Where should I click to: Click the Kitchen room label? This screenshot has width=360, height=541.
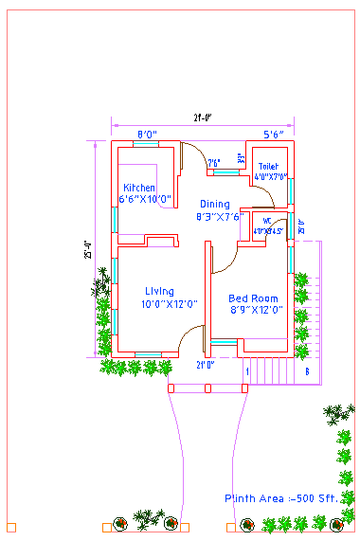pyautogui.click(x=139, y=188)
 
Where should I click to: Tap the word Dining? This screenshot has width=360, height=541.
pyautogui.click(x=214, y=205)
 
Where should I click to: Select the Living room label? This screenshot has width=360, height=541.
pyautogui.click(x=159, y=291)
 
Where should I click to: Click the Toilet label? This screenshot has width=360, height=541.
pyautogui.click(x=268, y=166)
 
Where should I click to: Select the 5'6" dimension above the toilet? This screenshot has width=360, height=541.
pyautogui.click(x=274, y=135)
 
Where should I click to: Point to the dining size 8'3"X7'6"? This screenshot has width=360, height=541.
pyautogui.click(x=220, y=217)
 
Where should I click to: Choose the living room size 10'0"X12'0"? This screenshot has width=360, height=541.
pyautogui.click(x=169, y=304)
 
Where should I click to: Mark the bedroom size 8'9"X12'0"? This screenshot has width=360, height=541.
pyautogui.click(x=256, y=310)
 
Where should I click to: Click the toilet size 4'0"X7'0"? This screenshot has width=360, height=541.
pyautogui.click(x=270, y=175)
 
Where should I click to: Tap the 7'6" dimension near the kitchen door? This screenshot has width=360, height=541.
pyautogui.click(x=214, y=163)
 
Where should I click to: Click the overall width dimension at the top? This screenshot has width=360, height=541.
pyautogui.click(x=202, y=117)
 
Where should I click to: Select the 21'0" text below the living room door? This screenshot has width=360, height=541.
pyautogui.click(x=205, y=365)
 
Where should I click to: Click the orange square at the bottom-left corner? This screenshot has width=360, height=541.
pyautogui.click(x=11, y=526)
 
